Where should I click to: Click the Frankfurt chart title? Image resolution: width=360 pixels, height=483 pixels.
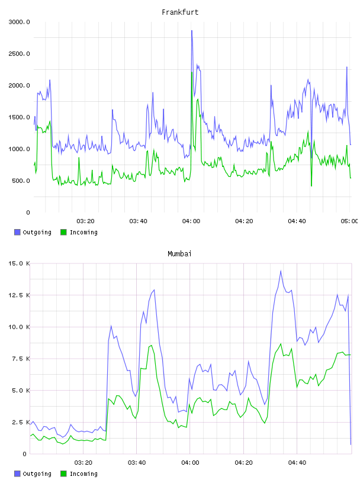[x=180, y=12]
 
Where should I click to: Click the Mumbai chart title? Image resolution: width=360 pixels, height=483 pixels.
[x=179, y=254]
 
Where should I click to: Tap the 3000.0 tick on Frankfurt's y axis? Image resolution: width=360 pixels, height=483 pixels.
[x=19, y=22]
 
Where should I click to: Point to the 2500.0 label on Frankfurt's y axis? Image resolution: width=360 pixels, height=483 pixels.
[x=19, y=54]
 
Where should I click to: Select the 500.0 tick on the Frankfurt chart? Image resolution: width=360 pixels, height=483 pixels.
[x=21, y=181]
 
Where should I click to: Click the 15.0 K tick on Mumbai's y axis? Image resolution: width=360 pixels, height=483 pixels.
[x=19, y=263]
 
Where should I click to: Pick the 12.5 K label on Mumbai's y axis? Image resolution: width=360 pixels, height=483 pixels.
[x=19, y=295]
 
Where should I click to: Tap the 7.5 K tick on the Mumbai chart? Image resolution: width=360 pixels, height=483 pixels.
[x=21, y=359]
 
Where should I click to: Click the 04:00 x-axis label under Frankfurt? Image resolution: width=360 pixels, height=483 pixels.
[x=191, y=221]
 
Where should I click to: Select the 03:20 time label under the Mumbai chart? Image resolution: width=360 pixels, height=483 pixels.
[x=83, y=463]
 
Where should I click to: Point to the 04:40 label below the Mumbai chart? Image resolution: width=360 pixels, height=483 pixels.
[x=297, y=463]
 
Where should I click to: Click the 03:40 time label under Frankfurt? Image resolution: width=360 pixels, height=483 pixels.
[x=138, y=221]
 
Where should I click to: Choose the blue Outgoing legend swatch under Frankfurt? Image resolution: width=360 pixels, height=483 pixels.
[x=17, y=232]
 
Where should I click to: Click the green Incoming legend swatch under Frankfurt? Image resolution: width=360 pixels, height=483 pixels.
[x=63, y=232]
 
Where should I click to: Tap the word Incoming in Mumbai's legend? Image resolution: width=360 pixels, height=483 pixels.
[x=83, y=474]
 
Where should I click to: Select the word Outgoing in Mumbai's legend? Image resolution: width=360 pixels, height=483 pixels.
[x=37, y=474]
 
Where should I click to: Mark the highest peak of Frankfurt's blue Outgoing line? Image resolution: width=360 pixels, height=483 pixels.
[x=192, y=31]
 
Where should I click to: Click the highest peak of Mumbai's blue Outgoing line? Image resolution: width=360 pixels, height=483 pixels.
[x=281, y=271]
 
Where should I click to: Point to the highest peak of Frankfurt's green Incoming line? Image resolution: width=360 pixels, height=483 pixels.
[x=192, y=72]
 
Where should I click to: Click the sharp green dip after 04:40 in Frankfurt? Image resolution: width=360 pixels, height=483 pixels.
[x=311, y=186]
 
